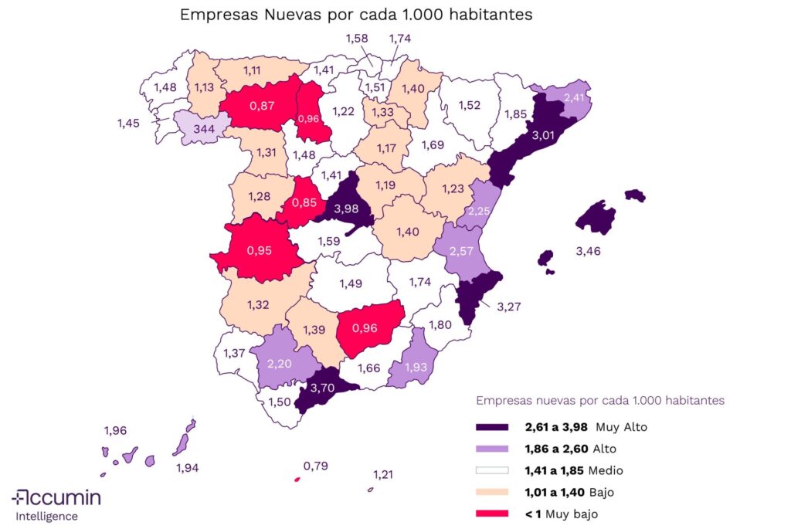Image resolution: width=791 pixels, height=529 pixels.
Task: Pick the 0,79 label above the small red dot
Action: click(x=315, y=466)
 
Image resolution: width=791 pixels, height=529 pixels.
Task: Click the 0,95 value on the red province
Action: click(x=258, y=250)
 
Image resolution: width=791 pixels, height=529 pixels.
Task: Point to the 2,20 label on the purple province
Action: click(x=280, y=361)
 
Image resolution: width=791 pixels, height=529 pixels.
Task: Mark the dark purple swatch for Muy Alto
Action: click(x=492, y=426)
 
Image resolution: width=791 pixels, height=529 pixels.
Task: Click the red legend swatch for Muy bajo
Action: click(x=492, y=514)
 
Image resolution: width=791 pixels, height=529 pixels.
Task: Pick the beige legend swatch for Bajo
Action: click(x=492, y=492)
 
